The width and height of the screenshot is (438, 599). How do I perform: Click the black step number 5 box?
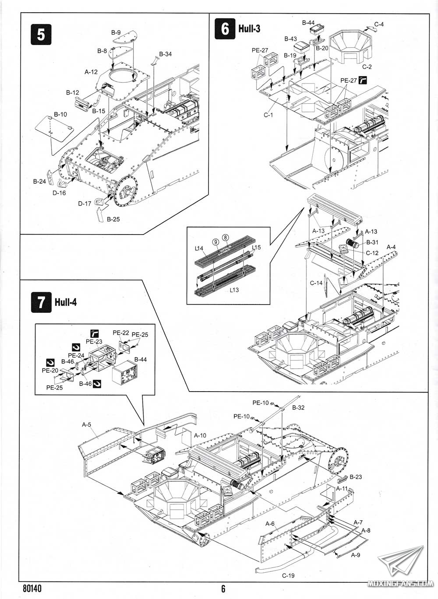click(41, 34)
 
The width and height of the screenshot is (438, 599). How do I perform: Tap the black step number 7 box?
click(41, 302)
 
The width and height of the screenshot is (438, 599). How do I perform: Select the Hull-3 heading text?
click(249, 29)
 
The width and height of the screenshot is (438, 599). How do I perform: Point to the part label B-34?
click(166, 54)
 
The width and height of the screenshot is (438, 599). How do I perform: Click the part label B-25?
click(113, 219)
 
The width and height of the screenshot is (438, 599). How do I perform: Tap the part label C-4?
click(379, 25)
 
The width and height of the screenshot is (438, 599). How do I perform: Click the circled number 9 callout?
click(215, 241)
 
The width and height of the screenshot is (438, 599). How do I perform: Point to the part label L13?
click(234, 290)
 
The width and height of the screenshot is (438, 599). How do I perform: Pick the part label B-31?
click(372, 242)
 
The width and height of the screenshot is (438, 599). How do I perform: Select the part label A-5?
click(86, 424)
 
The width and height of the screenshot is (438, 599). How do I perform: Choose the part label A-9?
click(356, 554)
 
